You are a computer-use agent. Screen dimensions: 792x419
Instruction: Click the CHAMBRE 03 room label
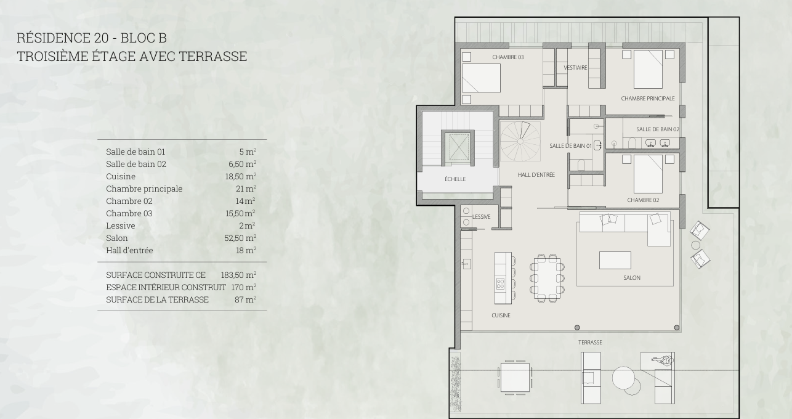click(x=507, y=57)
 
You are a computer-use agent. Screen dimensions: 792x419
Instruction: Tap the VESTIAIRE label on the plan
click(x=576, y=68)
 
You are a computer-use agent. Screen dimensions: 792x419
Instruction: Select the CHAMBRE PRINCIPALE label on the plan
click(x=648, y=99)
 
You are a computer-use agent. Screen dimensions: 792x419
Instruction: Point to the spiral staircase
click(x=520, y=141)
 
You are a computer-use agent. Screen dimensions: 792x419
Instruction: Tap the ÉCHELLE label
click(x=455, y=179)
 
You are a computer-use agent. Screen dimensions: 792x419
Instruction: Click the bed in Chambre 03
click(x=481, y=78)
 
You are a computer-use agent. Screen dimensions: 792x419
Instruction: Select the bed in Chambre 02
click(x=648, y=174)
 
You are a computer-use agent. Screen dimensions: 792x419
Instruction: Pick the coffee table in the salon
click(x=615, y=260)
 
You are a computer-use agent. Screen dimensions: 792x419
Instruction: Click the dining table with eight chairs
click(x=547, y=278)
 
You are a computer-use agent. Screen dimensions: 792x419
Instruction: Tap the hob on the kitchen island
click(x=500, y=284)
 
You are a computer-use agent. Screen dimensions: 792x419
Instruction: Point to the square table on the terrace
click(x=515, y=377)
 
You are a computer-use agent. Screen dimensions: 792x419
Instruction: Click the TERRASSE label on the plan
click(x=590, y=343)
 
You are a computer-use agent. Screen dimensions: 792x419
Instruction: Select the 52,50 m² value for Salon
click(x=240, y=238)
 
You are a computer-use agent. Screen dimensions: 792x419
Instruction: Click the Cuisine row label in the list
click(x=121, y=176)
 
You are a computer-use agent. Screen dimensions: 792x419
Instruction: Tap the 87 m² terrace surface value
click(x=245, y=299)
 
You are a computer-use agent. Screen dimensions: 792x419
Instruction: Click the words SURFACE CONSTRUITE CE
click(x=156, y=275)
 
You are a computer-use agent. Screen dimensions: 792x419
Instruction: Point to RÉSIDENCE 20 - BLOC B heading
click(x=92, y=38)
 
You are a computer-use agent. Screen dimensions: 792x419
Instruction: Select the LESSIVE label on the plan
click(x=481, y=217)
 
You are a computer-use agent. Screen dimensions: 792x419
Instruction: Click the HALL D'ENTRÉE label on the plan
click(x=536, y=175)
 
